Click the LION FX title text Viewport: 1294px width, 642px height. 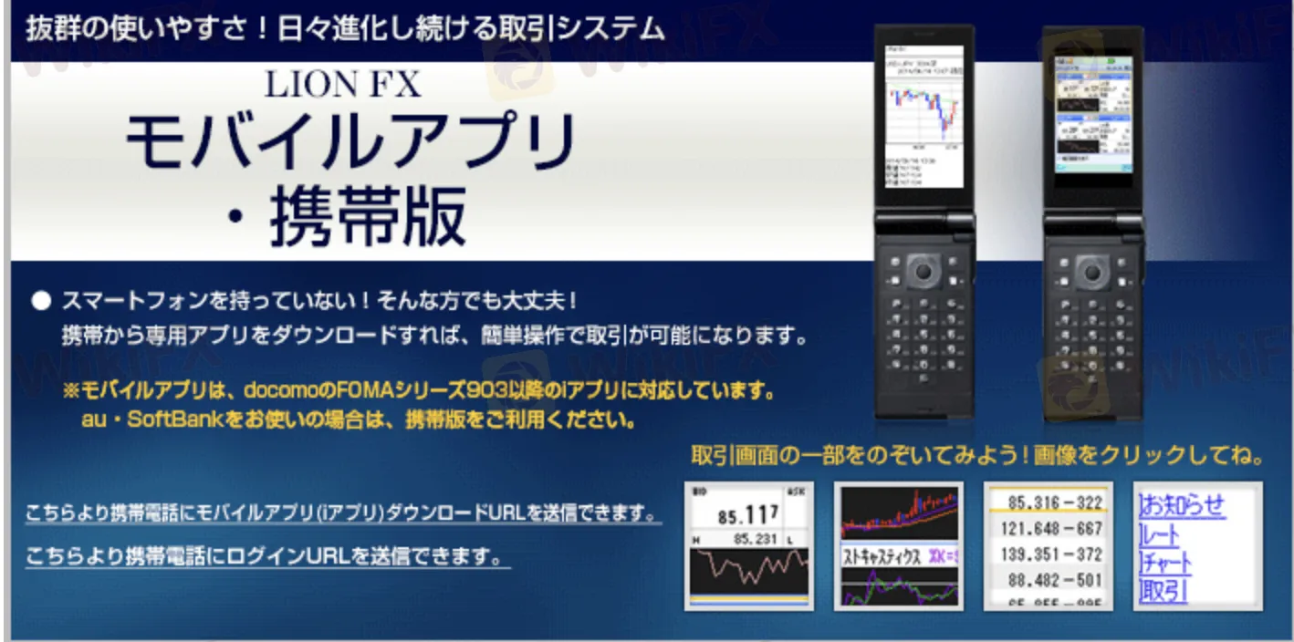click(343, 85)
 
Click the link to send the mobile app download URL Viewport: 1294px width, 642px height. click(342, 513)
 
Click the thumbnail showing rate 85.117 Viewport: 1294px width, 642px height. click(748, 546)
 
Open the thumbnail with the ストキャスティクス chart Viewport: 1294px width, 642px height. click(898, 546)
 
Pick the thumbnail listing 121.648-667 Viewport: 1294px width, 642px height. click(1048, 528)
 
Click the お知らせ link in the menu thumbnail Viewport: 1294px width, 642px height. click(1182, 504)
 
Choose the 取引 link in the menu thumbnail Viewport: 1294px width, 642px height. click(1164, 591)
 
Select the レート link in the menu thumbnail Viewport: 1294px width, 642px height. click(1160, 534)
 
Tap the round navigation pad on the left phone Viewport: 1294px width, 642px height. click(924, 271)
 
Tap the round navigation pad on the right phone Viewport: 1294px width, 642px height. click(1091, 271)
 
